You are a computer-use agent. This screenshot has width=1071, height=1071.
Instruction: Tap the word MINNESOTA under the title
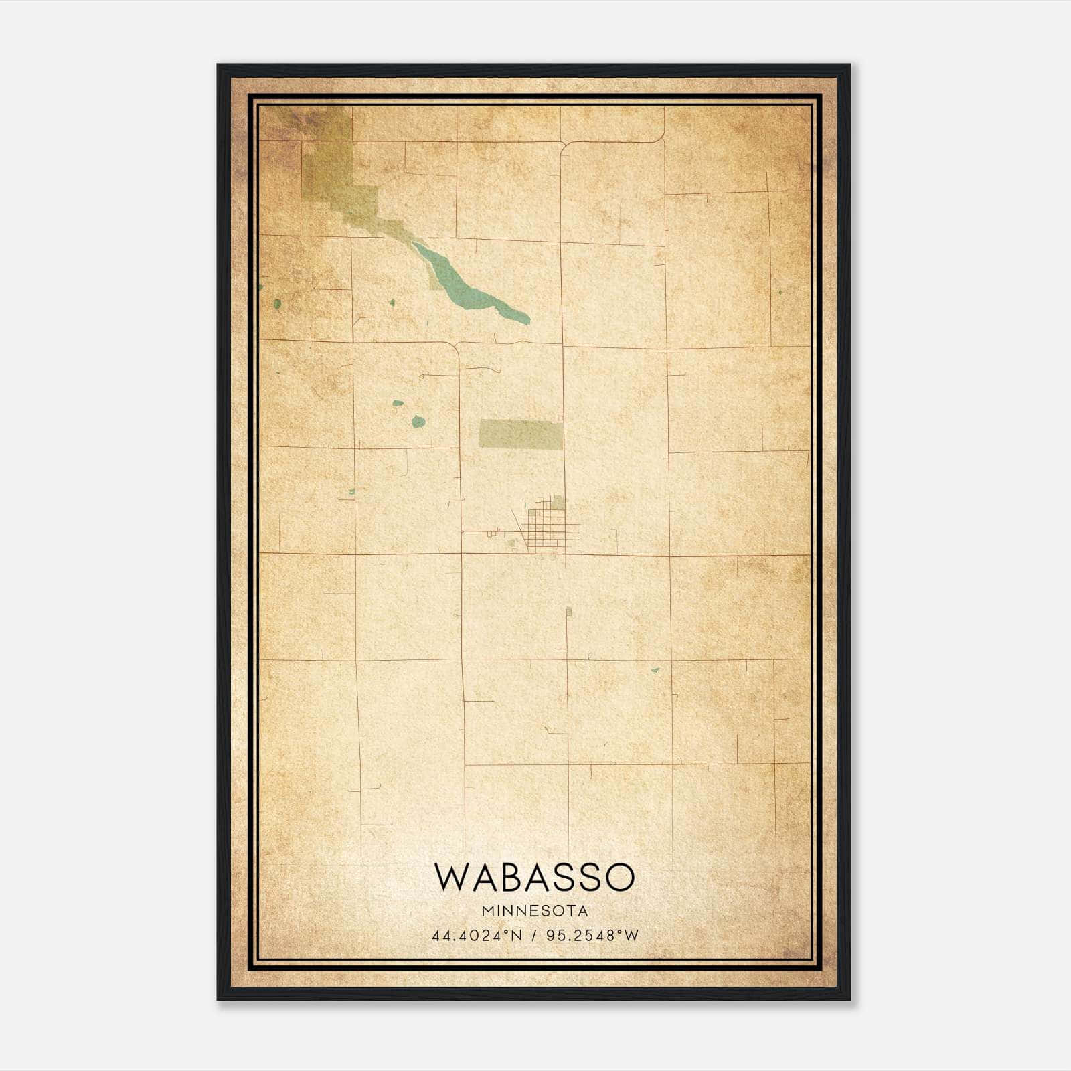point(534,910)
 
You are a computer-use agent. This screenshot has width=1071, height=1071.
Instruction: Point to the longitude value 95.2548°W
point(592,935)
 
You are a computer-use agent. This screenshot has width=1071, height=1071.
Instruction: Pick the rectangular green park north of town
point(521,434)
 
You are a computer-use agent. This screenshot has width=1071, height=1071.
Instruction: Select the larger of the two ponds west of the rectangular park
point(418,421)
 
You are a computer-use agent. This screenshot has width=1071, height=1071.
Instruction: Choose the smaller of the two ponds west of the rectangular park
point(398,404)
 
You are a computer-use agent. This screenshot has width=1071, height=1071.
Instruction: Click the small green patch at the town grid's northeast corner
point(558,502)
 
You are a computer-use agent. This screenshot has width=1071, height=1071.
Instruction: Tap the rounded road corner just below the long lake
point(455,346)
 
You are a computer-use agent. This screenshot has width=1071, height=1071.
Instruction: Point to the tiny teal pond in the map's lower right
point(655,669)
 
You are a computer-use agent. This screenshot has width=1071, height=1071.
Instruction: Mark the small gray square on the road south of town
point(569,611)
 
